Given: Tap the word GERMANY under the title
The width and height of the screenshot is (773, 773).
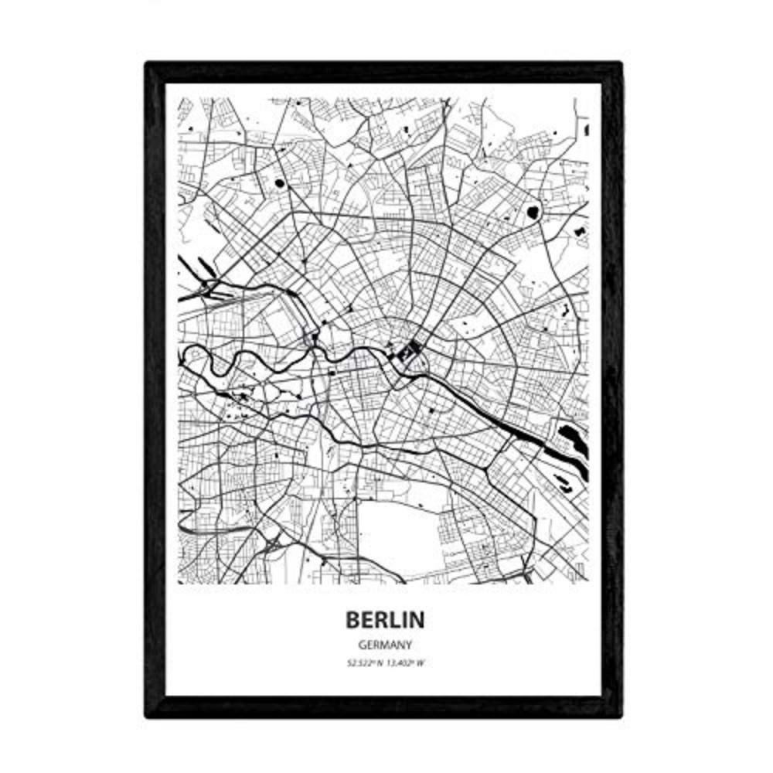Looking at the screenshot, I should pyautogui.click(x=384, y=644).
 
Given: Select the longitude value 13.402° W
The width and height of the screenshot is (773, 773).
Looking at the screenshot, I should pyautogui.click(x=403, y=662).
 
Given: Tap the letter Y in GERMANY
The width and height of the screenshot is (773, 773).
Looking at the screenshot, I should pyautogui.click(x=406, y=644).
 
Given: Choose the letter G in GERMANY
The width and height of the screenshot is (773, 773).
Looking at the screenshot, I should pyautogui.click(x=363, y=644).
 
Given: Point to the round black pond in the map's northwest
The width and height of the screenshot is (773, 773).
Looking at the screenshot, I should pyautogui.click(x=279, y=184).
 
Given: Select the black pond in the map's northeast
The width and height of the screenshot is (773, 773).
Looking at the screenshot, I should pyautogui.click(x=532, y=211).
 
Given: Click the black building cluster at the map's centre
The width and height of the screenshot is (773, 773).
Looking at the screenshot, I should pyautogui.click(x=408, y=354).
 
